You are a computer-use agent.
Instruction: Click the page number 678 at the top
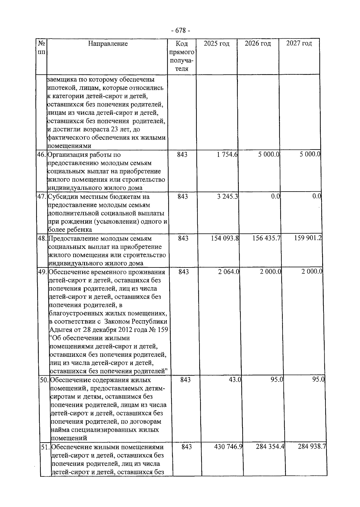[180, 31]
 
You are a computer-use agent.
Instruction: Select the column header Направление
[108, 44]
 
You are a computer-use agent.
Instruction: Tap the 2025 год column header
[216, 44]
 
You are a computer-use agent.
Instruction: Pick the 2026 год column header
[258, 44]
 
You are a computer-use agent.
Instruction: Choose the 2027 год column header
[299, 44]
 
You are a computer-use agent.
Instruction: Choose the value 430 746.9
[228, 447]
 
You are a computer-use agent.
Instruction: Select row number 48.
[42, 239]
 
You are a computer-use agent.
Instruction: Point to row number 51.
[46, 447]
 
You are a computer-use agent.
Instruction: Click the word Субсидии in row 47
[60, 197]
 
